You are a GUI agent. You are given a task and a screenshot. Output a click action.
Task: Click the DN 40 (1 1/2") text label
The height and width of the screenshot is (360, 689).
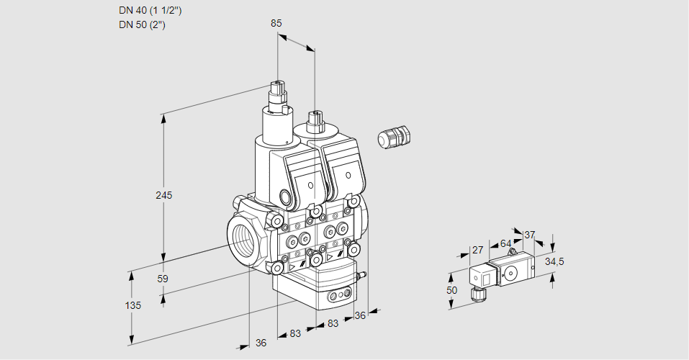click(149, 11)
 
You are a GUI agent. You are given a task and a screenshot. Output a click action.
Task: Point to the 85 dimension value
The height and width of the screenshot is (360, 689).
click(276, 23)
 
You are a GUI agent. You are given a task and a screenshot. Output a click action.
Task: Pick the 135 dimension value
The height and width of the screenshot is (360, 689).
click(132, 305)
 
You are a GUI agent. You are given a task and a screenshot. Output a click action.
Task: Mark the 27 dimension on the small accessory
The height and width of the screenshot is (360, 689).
click(477, 250)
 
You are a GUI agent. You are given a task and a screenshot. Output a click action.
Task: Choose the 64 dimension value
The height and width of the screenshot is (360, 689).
click(505, 243)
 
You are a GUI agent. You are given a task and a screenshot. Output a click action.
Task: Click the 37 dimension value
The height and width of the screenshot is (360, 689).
click(530, 235)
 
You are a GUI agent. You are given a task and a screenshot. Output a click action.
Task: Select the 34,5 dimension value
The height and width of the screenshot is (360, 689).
click(554, 261)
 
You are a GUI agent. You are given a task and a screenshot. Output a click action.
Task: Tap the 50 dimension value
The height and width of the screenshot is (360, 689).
click(451, 289)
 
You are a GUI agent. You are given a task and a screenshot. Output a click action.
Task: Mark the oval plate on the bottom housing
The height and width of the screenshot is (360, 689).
click(338, 295)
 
